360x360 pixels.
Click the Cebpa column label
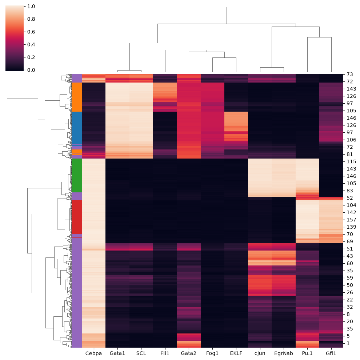[x=93, y=353]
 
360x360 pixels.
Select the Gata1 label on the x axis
[x=117, y=353]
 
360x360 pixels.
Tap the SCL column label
[x=141, y=353]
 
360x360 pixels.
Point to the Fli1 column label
[x=165, y=353]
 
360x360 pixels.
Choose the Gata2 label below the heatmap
[x=188, y=353]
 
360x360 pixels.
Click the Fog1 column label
[x=212, y=353]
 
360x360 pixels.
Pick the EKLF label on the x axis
[x=236, y=353]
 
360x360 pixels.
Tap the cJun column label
[x=260, y=353]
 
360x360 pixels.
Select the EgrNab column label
[x=284, y=353]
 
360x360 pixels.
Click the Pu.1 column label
[x=307, y=353]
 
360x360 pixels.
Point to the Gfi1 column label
[x=331, y=353]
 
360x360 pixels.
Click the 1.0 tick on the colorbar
[x=31, y=6]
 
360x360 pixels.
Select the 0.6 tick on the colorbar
[x=31, y=32]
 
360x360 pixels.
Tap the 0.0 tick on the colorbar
[x=31, y=70]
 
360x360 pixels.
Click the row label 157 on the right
[x=351, y=220]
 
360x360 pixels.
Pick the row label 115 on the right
[x=351, y=161]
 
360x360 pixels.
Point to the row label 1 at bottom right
[x=348, y=343]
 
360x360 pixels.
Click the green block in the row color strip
[x=77, y=175]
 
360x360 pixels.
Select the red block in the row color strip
[x=77, y=217]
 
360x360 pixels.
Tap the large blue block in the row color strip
[x=77, y=128]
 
